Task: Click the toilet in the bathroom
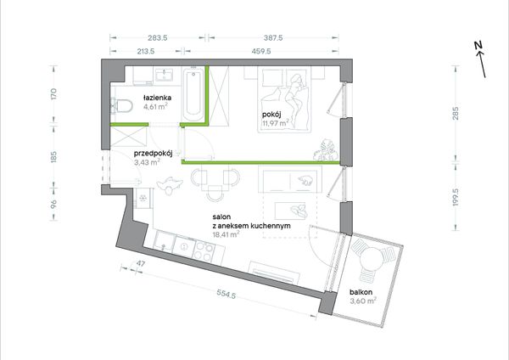(121, 106)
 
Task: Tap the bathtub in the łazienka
(193, 94)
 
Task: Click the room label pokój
(271, 115)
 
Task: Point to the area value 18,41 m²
(227, 234)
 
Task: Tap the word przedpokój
(153, 154)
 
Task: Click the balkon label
(361, 292)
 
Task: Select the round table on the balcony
(372, 259)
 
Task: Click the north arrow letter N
(478, 46)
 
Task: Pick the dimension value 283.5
(158, 37)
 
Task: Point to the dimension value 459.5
(261, 51)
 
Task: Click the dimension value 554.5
(227, 295)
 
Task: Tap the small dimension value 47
(140, 263)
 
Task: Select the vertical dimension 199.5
(456, 197)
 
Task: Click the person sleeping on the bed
(297, 98)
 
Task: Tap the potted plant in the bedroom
(326, 149)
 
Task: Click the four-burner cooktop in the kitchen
(204, 251)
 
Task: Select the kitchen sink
(165, 241)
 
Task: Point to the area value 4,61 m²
(156, 107)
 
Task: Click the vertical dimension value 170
(54, 94)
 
